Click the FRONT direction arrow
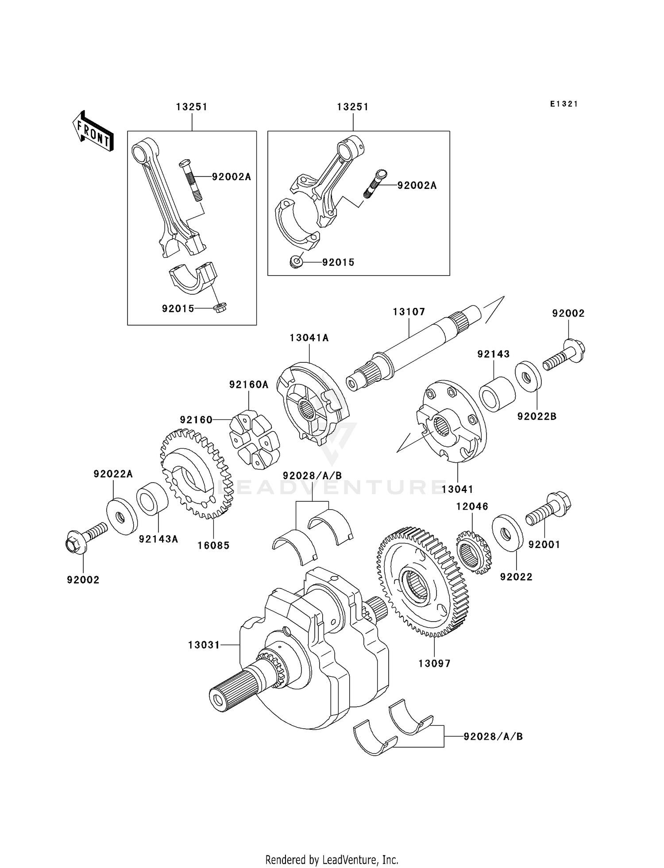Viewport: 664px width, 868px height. coord(93,131)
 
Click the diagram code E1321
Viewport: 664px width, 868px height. coord(564,104)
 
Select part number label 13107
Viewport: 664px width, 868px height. coord(409,312)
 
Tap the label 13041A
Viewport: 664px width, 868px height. coord(309,338)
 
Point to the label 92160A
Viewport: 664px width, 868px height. coord(249,385)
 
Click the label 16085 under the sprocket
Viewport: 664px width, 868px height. coord(213,545)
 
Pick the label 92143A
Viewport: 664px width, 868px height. coord(158,539)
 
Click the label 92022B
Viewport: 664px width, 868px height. coord(537,416)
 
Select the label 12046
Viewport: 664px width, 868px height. coord(472,506)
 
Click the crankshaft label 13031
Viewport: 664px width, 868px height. coord(204,645)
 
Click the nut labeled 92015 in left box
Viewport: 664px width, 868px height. coord(220,308)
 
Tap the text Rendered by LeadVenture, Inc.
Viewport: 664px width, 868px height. coord(332,860)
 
